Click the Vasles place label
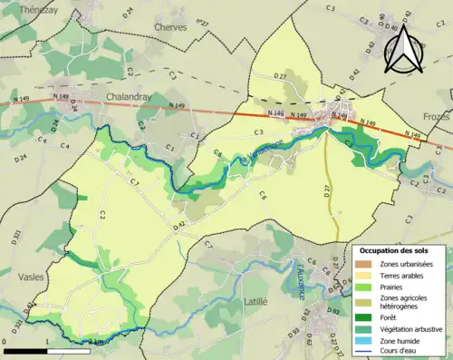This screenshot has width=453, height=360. click(26, 272)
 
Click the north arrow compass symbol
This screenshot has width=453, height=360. click(405, 49)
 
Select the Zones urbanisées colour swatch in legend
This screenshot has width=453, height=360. click(364, 264)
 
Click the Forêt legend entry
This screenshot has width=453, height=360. click(390, 317)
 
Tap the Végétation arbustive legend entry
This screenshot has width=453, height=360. click(410, 328)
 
